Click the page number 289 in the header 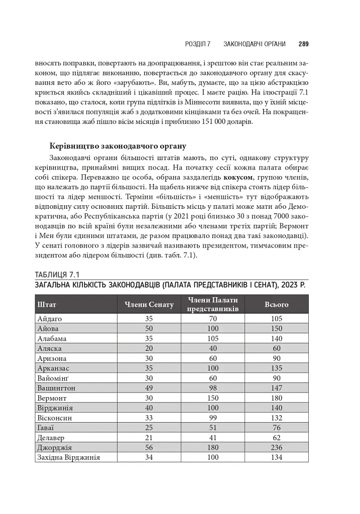[x=303, y=44]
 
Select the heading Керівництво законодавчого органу [x=118, y=147]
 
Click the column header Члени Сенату [x=149, y=304]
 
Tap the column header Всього [x=276, y=304]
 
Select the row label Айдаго [x=49, y=319]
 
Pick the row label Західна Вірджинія [x=69, y=457]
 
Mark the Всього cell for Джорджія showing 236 [x=276, y=447]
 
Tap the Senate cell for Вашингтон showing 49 [x=149, y=388]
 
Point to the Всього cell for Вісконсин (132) [x=276, y=418]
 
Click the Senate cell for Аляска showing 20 [x=149, y=348]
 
